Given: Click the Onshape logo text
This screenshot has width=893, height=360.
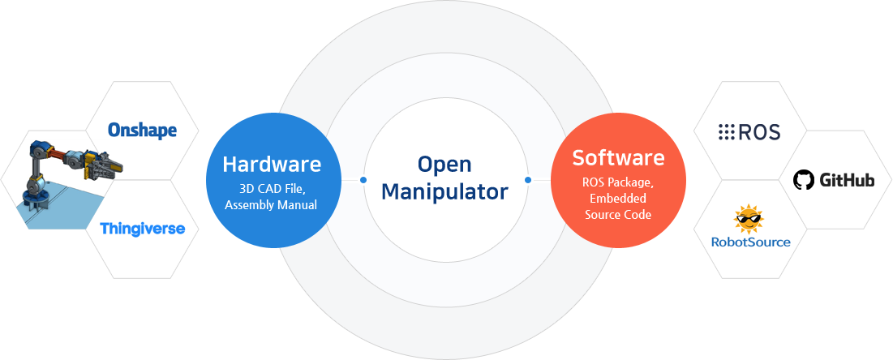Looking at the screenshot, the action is (143, 130).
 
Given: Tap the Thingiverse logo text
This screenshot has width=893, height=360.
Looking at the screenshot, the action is (143, 229).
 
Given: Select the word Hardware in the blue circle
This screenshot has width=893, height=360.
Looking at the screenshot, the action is (272, 164).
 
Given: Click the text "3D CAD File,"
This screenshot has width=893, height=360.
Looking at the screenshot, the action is (273, 189).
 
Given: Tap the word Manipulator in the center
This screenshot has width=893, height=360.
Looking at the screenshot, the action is (444, 191).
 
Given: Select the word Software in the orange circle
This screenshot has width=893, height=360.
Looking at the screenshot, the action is (619, 157).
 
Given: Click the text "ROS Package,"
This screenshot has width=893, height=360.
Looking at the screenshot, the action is (619, 183).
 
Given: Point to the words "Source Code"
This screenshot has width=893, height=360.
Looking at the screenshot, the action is (619, 215).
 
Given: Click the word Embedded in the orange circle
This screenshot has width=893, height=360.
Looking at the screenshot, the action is (619, 199).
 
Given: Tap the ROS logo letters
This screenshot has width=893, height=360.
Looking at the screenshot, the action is (759, 133).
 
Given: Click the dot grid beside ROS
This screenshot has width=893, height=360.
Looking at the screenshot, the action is (726, 133).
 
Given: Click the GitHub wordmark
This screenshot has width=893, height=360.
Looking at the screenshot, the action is (847, 181).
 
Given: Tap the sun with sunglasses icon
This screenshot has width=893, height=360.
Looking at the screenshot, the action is (749, 219).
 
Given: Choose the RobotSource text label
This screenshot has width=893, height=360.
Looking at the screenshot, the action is (750, 242).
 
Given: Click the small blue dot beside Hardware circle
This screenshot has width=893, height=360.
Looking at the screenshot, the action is (363, 180).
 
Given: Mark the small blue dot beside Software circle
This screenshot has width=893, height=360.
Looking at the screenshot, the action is (527, 180).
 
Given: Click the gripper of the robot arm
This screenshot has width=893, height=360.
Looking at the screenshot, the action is (108, 164).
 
